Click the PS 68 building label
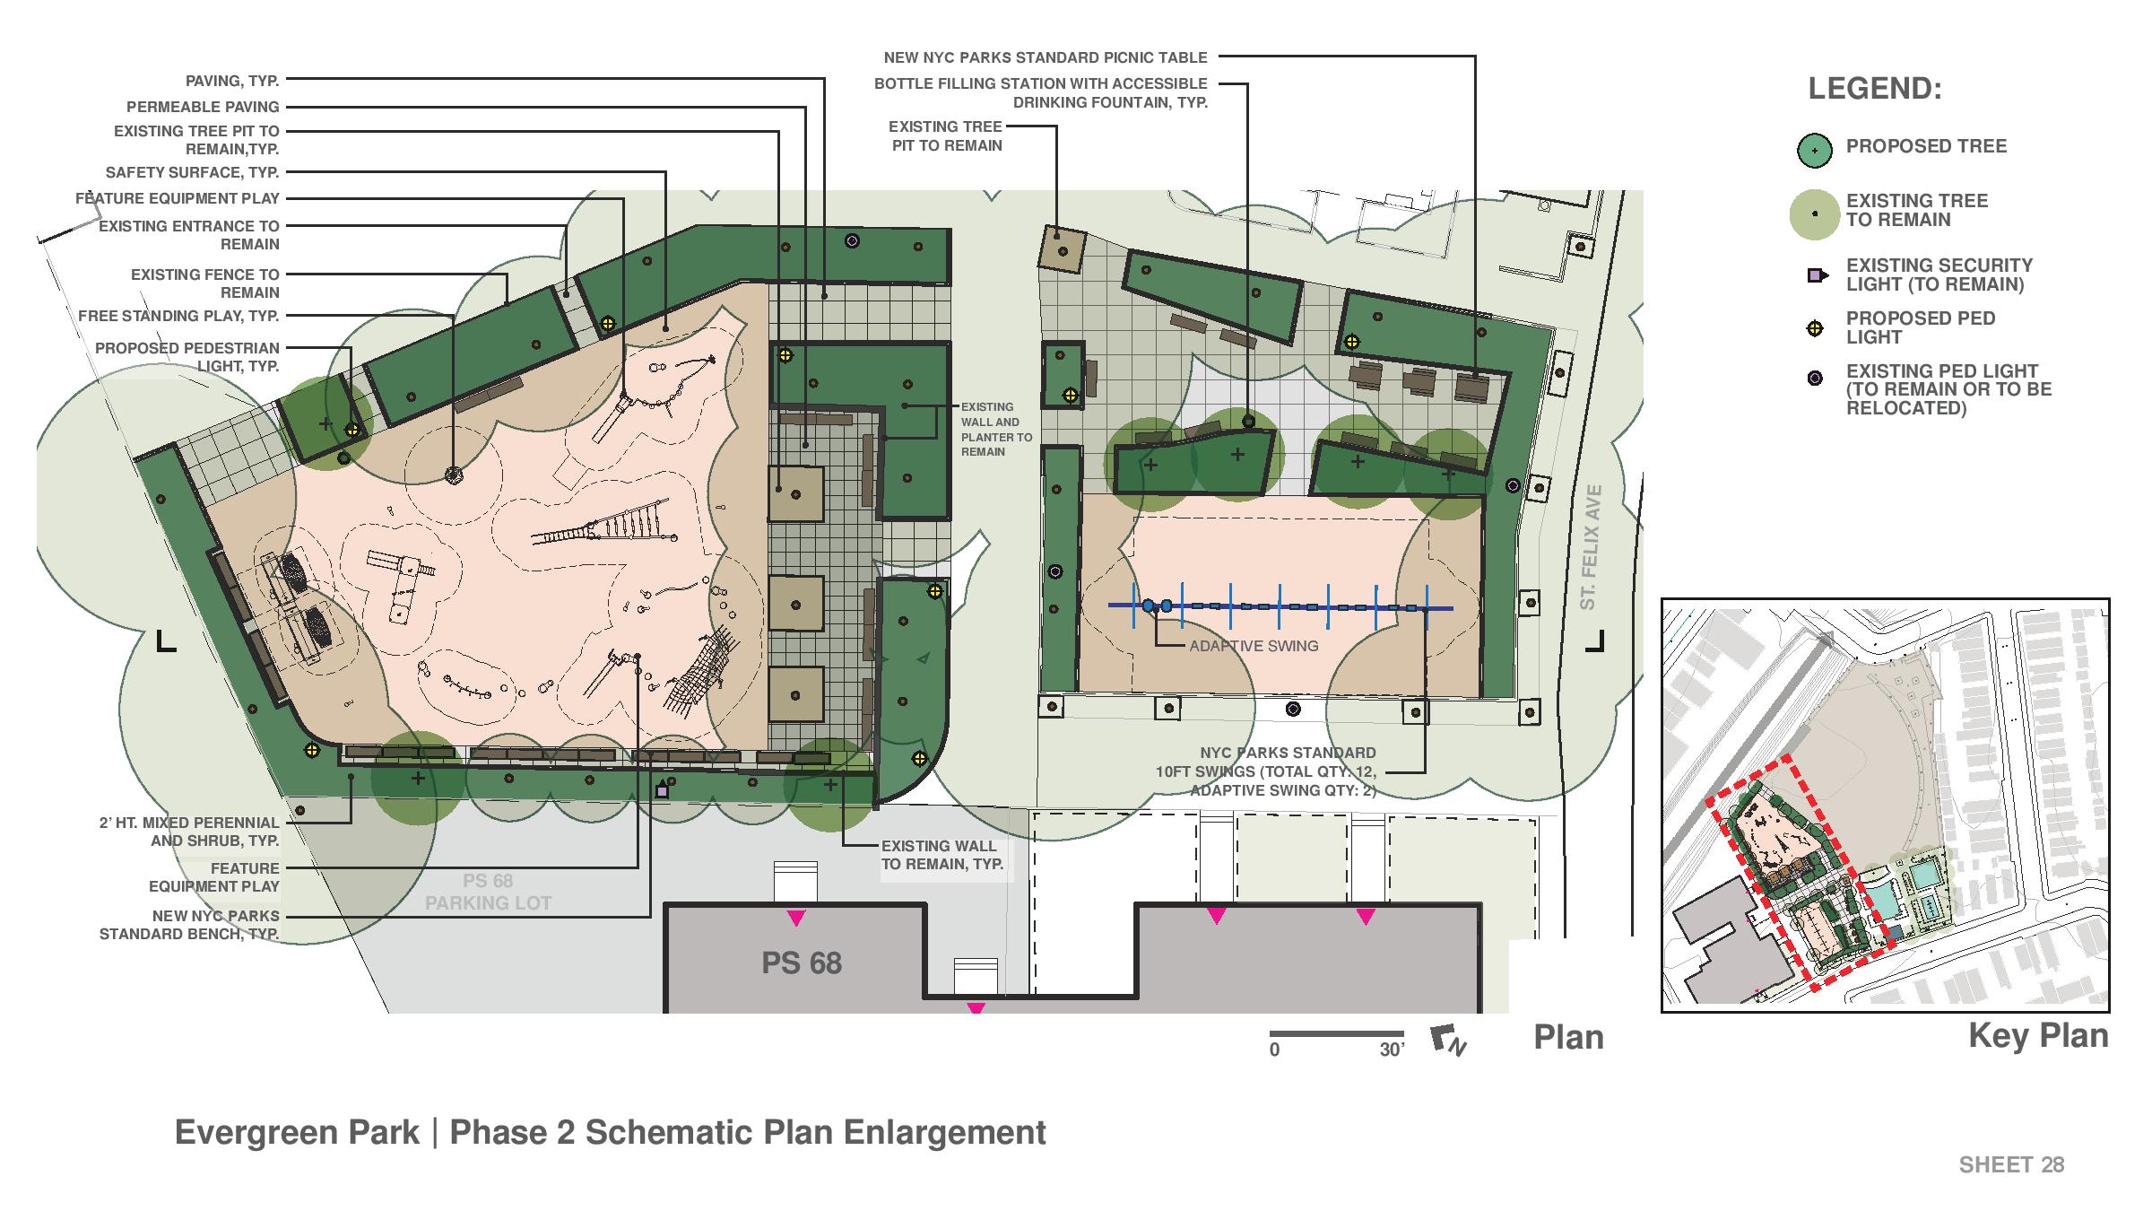pyautogui.click(x=802, y=963)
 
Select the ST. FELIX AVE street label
pyautogui.click(x=1590, y=547)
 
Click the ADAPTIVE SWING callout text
pyautogui.click(x=1254, y=646)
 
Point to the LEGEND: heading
pyautogui.click(x=1875, y=89)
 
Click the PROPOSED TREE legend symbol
pyautogui.click(x=1814, y=151)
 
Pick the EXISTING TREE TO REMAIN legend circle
pyautogui.click(x=1814, y=214)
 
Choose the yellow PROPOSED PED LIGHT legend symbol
pyautogui.click(x=1815, y=328)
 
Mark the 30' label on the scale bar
pyautogui.click(x=1392, y=1050)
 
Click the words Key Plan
pyautogui.click(x=2038, y=1036)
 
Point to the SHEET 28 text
pyautogui.click(x=2011, y=1164)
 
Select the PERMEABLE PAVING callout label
pyautogui.click(x=203, y=107)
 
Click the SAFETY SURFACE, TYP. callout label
pyautogui.click(x=192, y=172)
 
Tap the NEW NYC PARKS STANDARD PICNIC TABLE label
pyautogui.click(x=1046, y=57)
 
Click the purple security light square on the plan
pyautogui.click(x=663, y=791)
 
